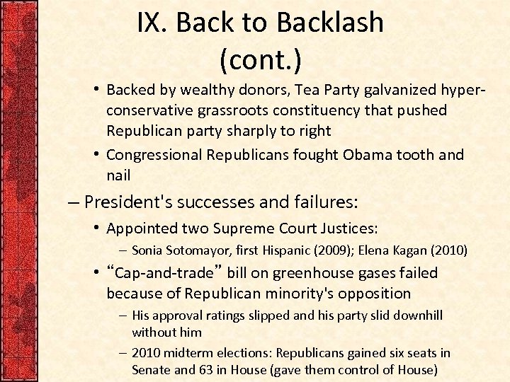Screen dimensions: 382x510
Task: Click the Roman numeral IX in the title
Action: pos(152,24)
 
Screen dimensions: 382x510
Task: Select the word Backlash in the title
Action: pos(331,24)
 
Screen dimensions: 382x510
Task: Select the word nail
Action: pos(119,175)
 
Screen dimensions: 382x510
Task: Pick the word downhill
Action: pos(419,316)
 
